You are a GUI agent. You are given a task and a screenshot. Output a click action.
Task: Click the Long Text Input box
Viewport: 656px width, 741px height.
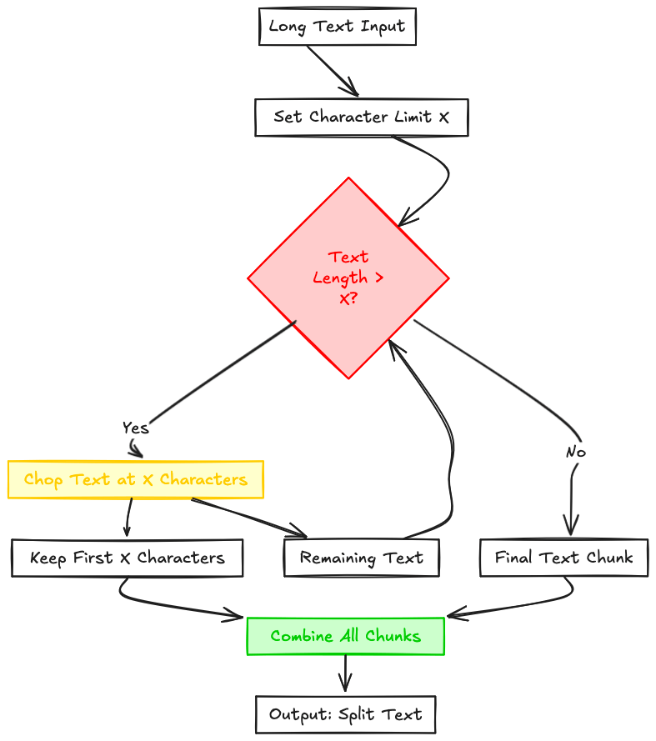tap(337, 27)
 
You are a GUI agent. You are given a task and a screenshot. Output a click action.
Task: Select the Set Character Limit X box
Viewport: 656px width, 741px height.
tap(361, 118)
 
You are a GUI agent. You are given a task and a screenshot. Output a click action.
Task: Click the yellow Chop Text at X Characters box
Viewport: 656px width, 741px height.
tap(135, 480)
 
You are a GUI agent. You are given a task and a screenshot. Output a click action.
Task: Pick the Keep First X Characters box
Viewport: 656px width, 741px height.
tap(127, 558)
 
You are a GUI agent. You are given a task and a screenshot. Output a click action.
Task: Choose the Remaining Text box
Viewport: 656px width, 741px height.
tap(361, 558)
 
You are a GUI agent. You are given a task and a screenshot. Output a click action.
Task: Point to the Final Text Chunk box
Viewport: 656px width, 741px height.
tap(563, 558)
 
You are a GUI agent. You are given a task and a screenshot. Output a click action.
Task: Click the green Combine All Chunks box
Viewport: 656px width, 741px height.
tap(345, 637)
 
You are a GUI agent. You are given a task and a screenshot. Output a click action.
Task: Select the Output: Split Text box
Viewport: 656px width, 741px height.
tap(345, 714)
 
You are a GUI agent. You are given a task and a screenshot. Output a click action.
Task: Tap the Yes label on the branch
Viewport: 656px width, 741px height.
tap(135, 428)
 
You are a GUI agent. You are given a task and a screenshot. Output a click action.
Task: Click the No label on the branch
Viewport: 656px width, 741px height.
tap(575, 452)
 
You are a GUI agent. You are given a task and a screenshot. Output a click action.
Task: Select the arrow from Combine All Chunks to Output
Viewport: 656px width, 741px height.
tap(345, 672)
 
